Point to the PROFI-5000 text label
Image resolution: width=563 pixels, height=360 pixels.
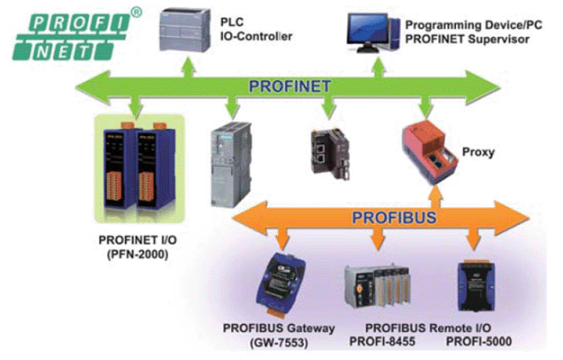(x=478, y=340)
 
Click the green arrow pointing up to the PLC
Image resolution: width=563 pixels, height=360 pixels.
(x=186, y=66)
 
